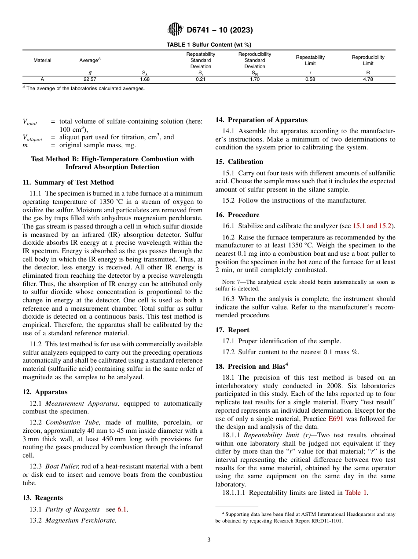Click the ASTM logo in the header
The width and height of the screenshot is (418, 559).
pyautogui.click(x=175, y=30)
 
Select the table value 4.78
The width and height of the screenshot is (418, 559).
pyautogui.click(x=368, y=80)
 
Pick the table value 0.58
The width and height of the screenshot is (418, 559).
pyautogui.click(x=310, y=80)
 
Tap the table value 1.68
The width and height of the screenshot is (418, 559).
pyautogui.click(x=145, y=80)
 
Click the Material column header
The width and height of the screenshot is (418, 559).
pyautogui.click(x=42, y=60)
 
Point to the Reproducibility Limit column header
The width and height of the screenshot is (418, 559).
pyautogui.click(x=368, y=60)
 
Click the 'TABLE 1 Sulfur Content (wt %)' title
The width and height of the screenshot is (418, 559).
pyautogui.click(x=209, y=45)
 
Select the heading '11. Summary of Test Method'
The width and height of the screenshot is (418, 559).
pyautogui.click(x=68, y=182)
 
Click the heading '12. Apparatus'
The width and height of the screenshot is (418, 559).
pyautogui.click(x=45, y=392)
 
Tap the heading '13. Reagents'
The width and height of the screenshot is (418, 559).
pyautogui.click(x=43, y=498)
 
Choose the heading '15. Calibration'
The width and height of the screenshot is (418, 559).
pyautogui.click(x=239, y=162)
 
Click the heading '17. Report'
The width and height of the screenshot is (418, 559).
pyautogui.click(x=232, y=330)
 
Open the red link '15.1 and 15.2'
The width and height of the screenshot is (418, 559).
pyautogui.click(x=373, y=226)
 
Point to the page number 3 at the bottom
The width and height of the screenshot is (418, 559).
pyautogui.click(x=209, y=540)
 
